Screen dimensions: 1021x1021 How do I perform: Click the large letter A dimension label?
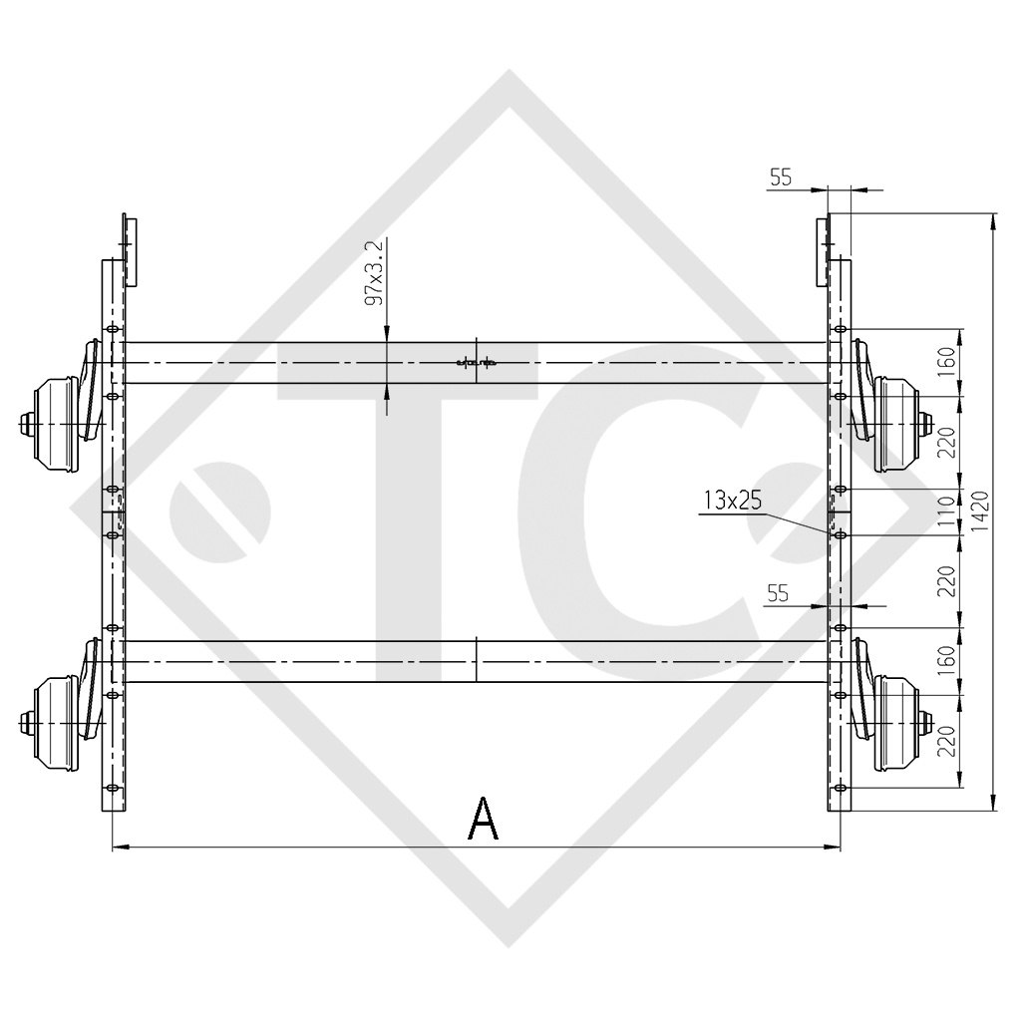pos(484,820)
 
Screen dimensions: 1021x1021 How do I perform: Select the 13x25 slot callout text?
pos(732,502)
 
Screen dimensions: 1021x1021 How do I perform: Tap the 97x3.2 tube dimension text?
pos(375,272)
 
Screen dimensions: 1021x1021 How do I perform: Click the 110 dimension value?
pos(946,511)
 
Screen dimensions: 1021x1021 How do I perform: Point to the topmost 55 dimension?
pos(781,177)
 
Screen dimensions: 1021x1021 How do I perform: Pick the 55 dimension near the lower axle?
pos(778,593)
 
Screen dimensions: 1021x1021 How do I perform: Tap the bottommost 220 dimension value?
pos(946,741)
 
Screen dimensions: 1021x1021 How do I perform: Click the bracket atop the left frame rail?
pos(129,249)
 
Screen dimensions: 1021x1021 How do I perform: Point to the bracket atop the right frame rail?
pos(824,249)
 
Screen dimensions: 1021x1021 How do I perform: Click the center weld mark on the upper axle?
pos(477,362)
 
